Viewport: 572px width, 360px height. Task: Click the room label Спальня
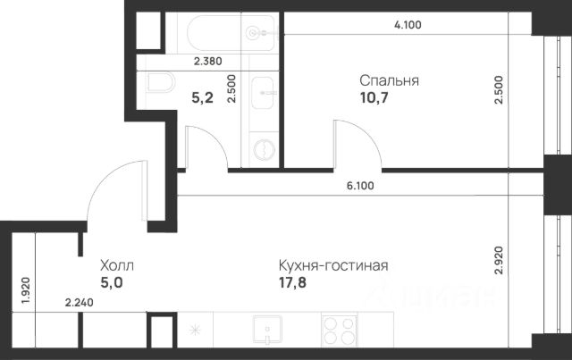click(x=389, y=81)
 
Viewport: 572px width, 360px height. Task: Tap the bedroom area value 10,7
click(x=374, y=97)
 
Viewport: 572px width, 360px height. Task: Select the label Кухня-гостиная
click(x=333, y=265)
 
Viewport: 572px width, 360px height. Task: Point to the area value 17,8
click(x=293, y=282)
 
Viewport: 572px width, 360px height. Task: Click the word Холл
click(x=117, y=265)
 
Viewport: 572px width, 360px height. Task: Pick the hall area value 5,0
click(x=112, y=282)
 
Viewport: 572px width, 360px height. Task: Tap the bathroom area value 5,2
click(x=203, y=97)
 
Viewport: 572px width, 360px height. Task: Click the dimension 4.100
click(x=408, y=25)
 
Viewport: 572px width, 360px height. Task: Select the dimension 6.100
click(x=360, y=186)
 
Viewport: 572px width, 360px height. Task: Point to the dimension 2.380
click(x=208, y=62)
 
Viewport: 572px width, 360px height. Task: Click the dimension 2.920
click(x=499, y=261)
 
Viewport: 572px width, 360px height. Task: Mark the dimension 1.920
click(x=26, y=291)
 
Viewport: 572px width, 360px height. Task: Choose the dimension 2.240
click(x=80, y=302)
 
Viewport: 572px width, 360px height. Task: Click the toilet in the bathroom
click(x=161, y=82)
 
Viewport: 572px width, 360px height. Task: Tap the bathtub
click(x=231, y=33)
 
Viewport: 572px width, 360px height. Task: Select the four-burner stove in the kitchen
click(x=340, y=331)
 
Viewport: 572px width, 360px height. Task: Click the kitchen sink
click(x=267, y=330)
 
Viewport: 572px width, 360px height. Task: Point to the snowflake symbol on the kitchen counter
click(x=195, y=331)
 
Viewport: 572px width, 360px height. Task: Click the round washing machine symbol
click(x=265, y=149)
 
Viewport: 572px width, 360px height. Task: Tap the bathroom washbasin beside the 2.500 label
click(x=262, y=93)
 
